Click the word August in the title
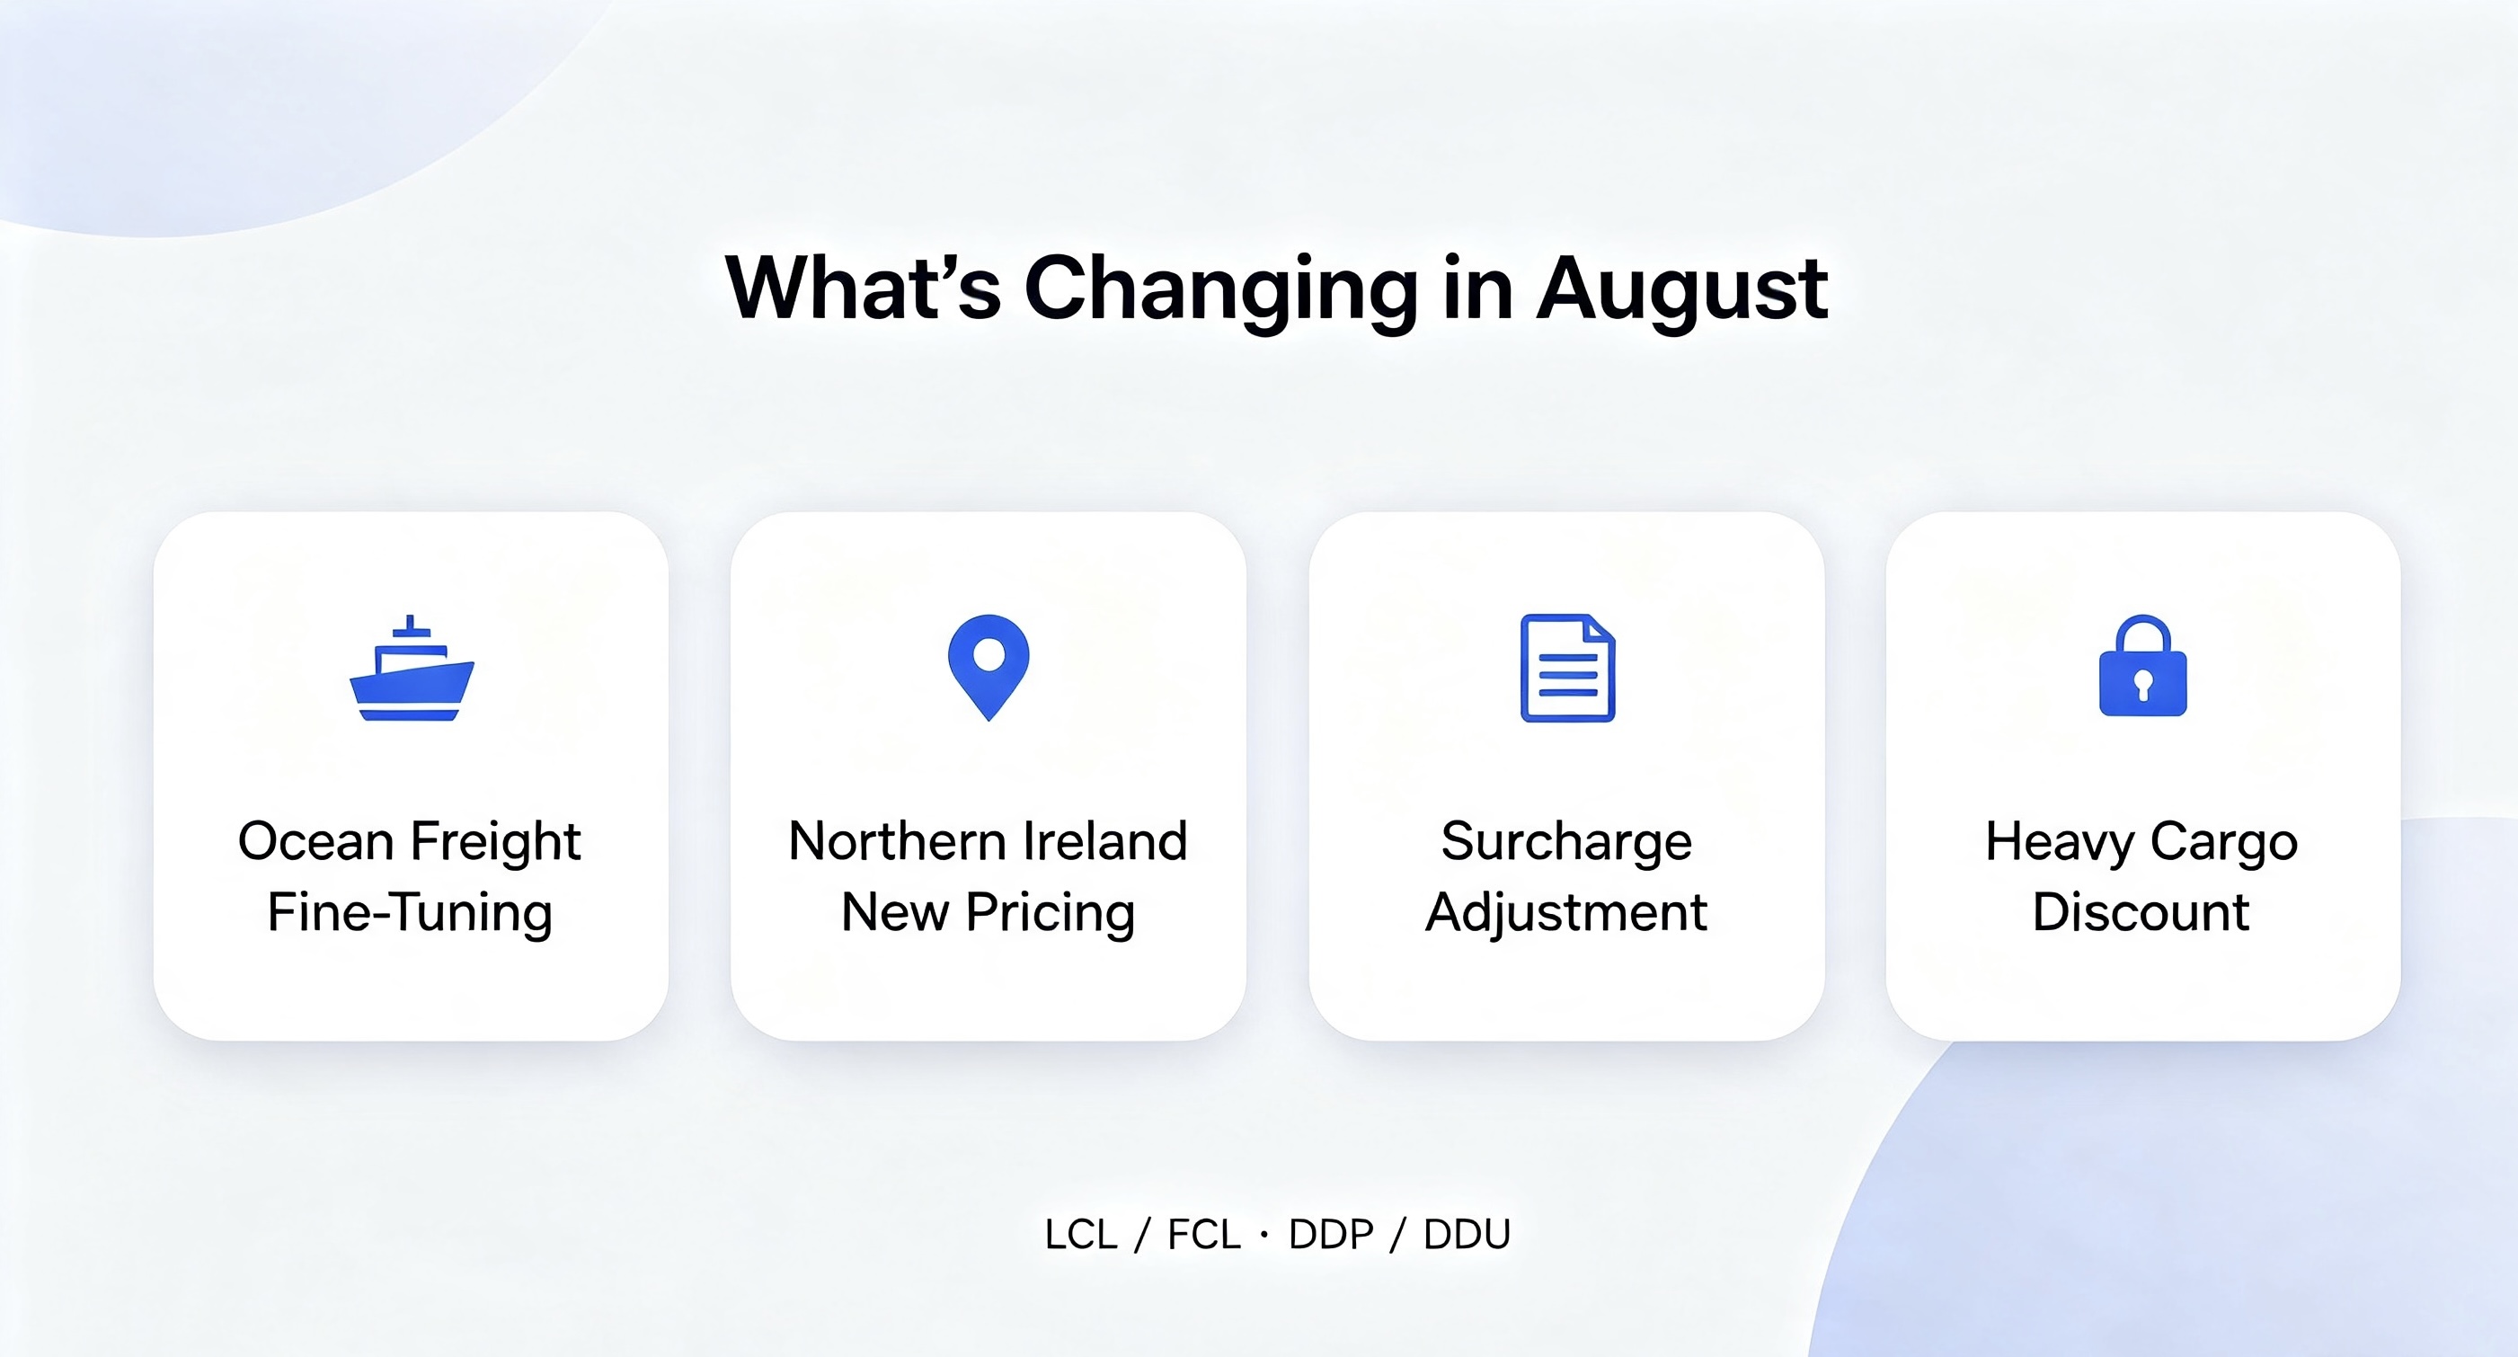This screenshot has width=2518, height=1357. [x=1681, y=289]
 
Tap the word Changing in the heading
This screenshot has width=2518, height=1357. [x=1221, y=289]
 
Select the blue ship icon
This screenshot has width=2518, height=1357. [x=412, y=668]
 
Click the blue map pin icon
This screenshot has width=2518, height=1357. [x=989, y=668]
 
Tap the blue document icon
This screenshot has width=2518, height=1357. [x=1568, y=668]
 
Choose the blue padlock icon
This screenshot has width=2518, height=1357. [x=2142, y=666]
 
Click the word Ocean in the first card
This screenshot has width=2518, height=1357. [x=315, y=842]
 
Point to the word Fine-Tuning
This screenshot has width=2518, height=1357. [x=410, y=913]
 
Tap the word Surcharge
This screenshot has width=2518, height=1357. [x=1566, y=843]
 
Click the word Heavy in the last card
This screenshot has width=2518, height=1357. [x=2060, y=843]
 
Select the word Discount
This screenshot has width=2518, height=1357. [x=2141, y=912]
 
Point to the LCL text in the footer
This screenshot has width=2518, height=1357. [x=1081, y=1235]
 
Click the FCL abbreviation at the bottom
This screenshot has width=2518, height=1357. [x=1204, y=1235]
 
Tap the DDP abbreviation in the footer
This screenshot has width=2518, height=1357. [x=1331, y=1235]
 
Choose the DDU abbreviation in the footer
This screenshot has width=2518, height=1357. [x=1467, y=1235]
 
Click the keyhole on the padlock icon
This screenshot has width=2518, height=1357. [x=2142, y=686]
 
